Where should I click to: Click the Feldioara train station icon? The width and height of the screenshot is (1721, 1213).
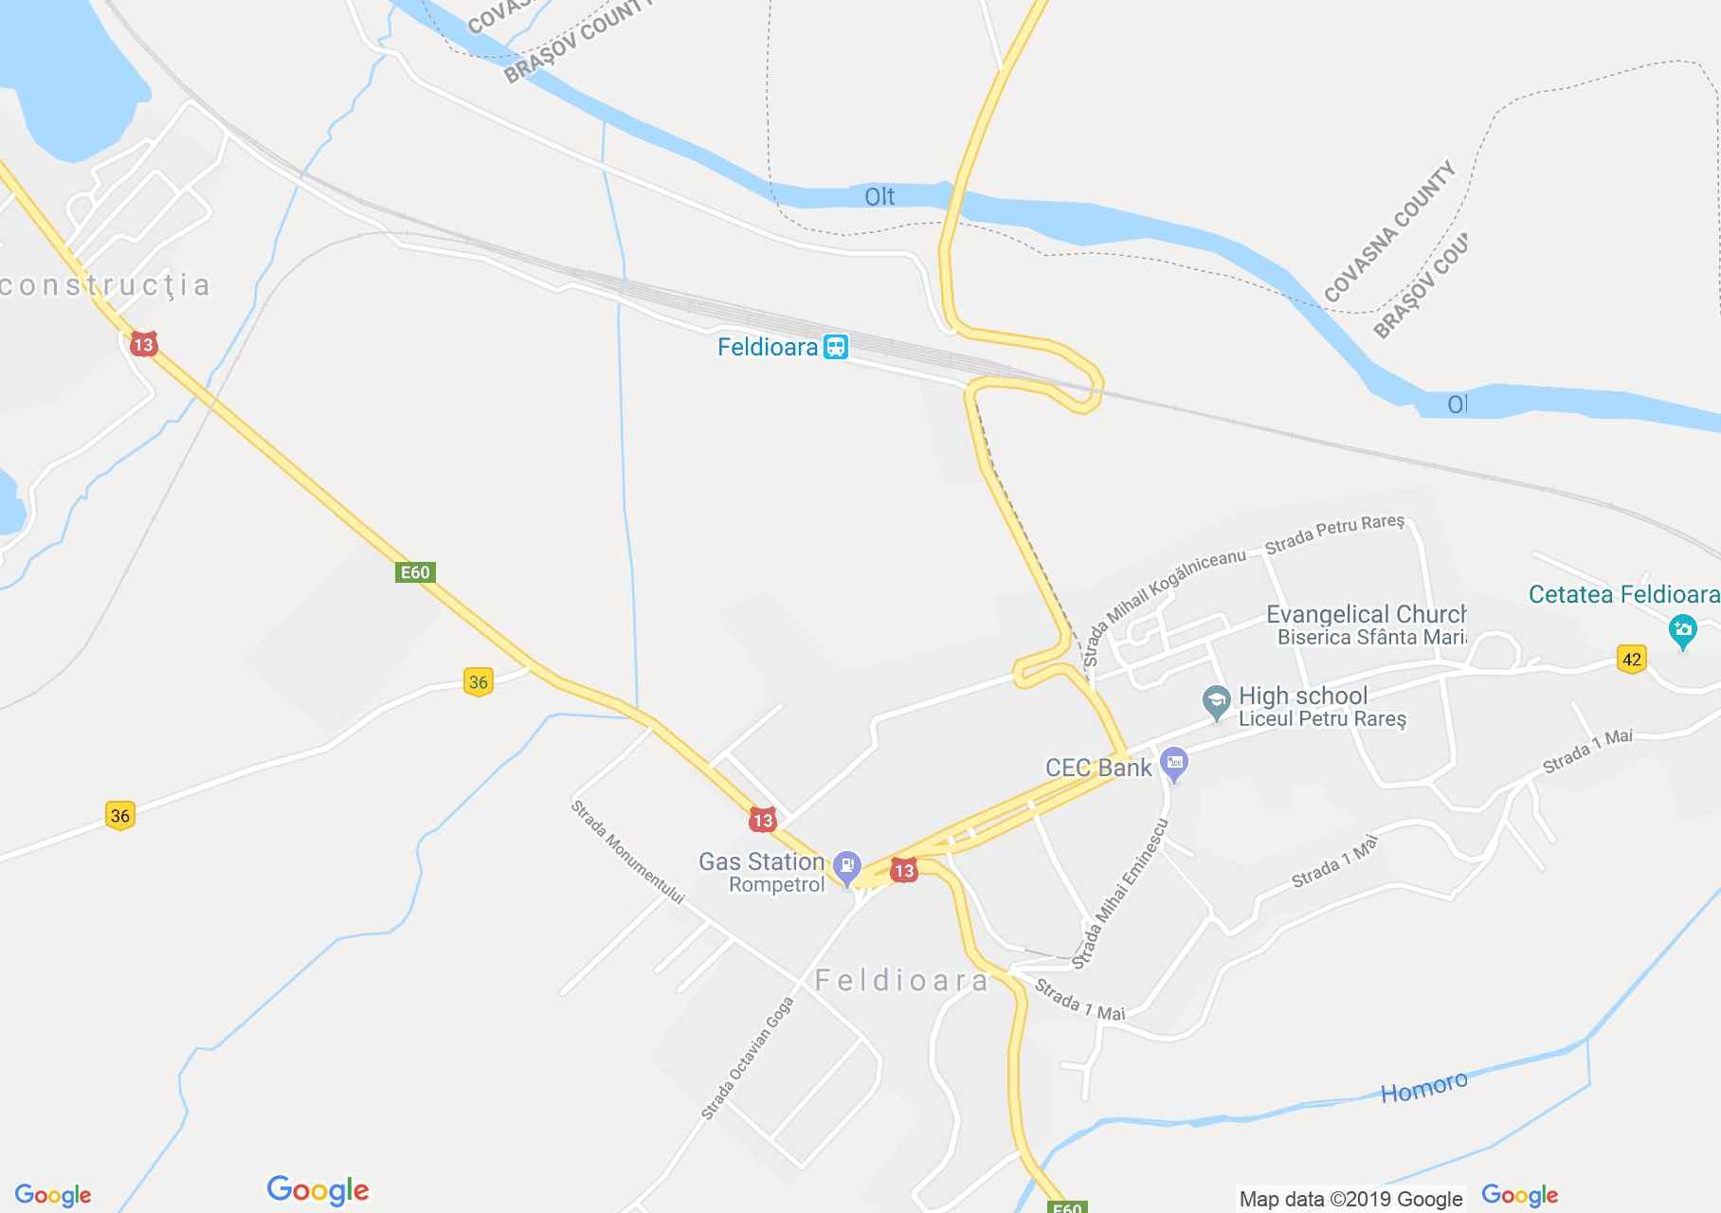coord(835,347)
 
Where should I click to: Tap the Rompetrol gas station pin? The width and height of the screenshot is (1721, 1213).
coord(846,866)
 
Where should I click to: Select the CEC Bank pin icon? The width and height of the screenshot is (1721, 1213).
coord(1174,762)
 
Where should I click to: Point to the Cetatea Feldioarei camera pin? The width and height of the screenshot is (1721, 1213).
coord(1683,631)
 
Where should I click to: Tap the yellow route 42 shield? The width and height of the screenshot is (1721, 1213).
coord(1631,660)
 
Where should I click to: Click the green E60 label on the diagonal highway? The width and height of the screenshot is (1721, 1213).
coord(415,572)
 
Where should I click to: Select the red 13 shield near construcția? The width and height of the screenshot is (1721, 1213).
coord(143,344)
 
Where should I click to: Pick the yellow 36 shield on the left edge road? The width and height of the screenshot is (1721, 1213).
coord(119,815)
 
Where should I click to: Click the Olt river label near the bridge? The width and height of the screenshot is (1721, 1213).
coord(879,197)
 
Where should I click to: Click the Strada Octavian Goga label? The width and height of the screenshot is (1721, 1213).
coord(747,1059)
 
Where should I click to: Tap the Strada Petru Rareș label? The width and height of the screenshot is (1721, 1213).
coord(1334,535)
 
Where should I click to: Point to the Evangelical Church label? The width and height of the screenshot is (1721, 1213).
coord(1365,614)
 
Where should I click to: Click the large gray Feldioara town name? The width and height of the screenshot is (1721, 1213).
coord(901,980)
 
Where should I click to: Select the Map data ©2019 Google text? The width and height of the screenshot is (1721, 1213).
coord(1350,1199)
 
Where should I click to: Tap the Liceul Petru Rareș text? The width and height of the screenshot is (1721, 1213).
coord(1322,718)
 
